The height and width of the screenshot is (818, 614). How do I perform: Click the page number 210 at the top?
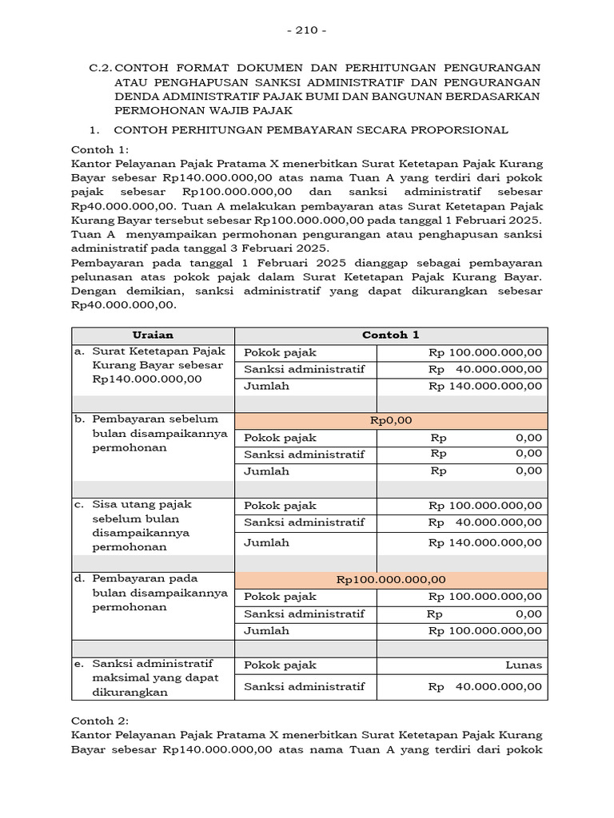click(307, 30)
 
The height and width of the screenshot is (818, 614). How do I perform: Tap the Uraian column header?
click(152, 336)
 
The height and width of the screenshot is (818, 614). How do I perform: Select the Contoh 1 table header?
click(390, 336)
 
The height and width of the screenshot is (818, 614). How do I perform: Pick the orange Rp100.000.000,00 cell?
click(390, 580)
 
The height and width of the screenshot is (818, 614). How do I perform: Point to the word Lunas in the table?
click(524, 665)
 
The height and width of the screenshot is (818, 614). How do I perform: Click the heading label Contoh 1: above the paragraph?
click(99, 149)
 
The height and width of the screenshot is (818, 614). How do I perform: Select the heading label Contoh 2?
click(100, 720)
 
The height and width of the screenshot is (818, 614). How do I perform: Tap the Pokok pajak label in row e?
click(280, 665)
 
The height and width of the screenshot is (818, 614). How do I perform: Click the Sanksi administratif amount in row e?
click(484, 686)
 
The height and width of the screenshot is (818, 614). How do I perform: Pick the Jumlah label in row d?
click(266, 630)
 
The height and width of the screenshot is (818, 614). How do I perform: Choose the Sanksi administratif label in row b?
click(304, 455)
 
